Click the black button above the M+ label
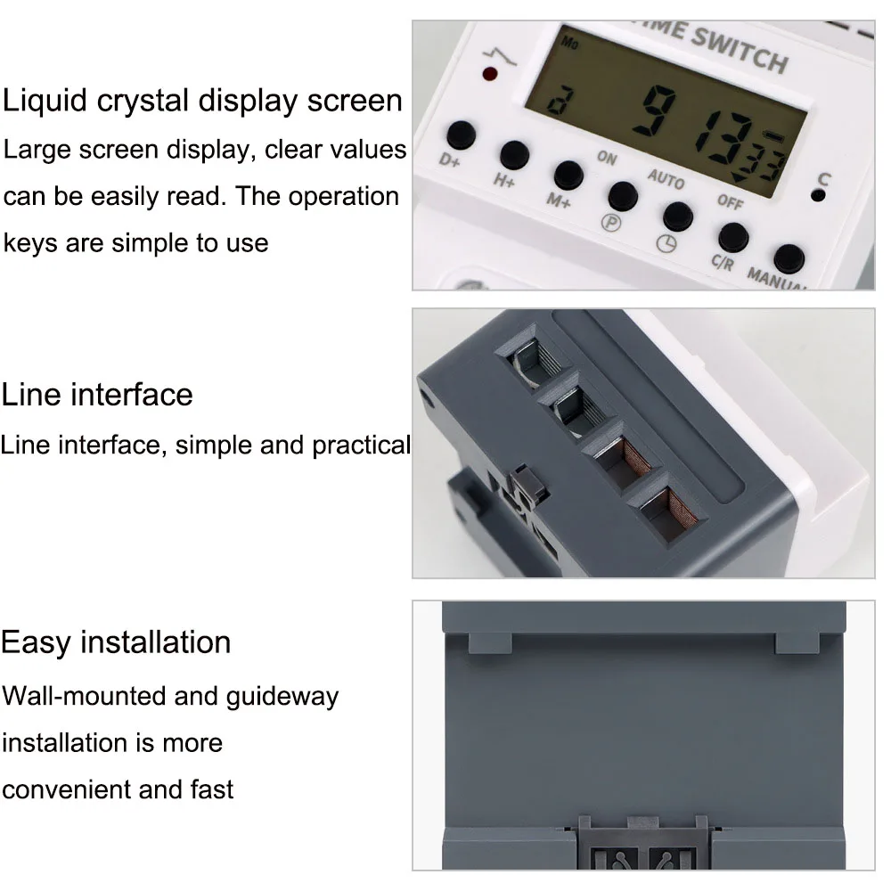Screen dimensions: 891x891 568,175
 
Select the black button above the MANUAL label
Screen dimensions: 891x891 789,258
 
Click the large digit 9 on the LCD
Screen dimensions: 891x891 663,113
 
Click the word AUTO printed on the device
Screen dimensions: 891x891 666,178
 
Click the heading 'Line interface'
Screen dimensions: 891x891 97,394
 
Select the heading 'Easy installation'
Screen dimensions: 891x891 116,642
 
